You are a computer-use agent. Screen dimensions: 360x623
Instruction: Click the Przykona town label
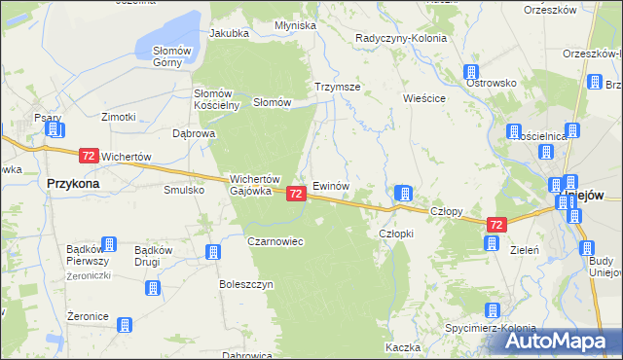(74, 182)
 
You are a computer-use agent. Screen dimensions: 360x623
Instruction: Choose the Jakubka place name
(229, 33)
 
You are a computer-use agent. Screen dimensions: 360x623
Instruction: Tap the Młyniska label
(295, 25)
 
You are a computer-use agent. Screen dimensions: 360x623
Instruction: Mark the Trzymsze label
(338, 87)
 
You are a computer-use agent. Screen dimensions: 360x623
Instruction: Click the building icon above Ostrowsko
(471, 72)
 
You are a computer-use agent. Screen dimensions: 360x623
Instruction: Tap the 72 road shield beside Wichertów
(89, 156)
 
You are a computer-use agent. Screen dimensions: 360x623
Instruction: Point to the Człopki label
(396, 234)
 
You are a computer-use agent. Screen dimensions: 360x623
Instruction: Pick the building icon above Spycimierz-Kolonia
(493, 311)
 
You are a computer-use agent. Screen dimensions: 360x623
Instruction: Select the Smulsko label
(184, 190)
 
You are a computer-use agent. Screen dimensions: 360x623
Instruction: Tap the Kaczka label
(402, 347)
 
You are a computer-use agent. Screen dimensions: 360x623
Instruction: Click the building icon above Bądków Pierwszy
(109, 244)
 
